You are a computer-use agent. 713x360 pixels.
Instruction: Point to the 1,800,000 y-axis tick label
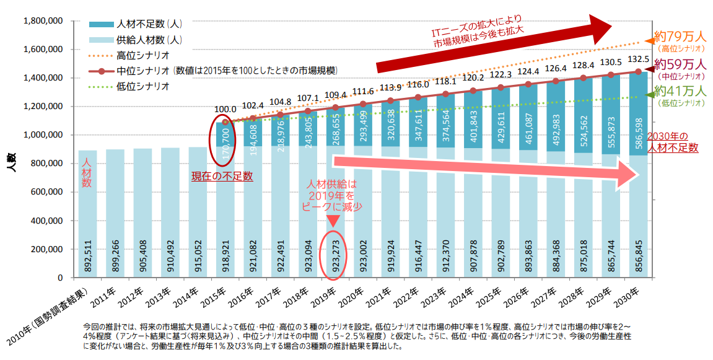[x=43, y=20]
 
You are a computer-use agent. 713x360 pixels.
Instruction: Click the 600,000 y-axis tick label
[x=46, y=192]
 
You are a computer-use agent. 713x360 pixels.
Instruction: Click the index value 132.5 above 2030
[x=638, y=59]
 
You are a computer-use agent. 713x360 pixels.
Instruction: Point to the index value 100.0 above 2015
[x=225, y=108]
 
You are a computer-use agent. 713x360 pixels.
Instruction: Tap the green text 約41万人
[x=680, y=91]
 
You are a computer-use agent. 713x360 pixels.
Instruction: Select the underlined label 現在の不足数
[x=222, y=176]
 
